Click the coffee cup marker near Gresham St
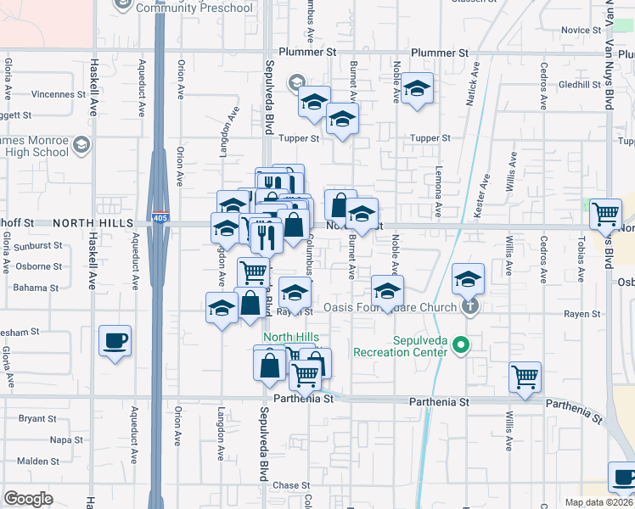(x=115, y=341)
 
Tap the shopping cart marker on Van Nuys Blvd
(x=605, y=214)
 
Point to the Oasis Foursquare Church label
(x=402, y=306)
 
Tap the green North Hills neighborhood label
(x=290, y=337)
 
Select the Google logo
(x=28, y=499)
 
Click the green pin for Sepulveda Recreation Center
(x=461, y=344)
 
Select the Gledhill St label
(x=580, y=85)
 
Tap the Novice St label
(x=582, y=31)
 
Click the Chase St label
(x=291, y=485)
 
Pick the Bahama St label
(x=36, y=288)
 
